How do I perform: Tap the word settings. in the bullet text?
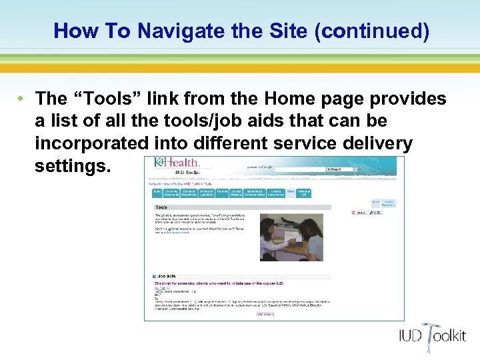73,165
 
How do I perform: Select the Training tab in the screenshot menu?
221,192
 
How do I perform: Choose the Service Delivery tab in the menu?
236,192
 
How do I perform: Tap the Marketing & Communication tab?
254,192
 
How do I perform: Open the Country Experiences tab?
275,192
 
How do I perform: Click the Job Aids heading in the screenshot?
167,275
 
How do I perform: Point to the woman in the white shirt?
275,239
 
